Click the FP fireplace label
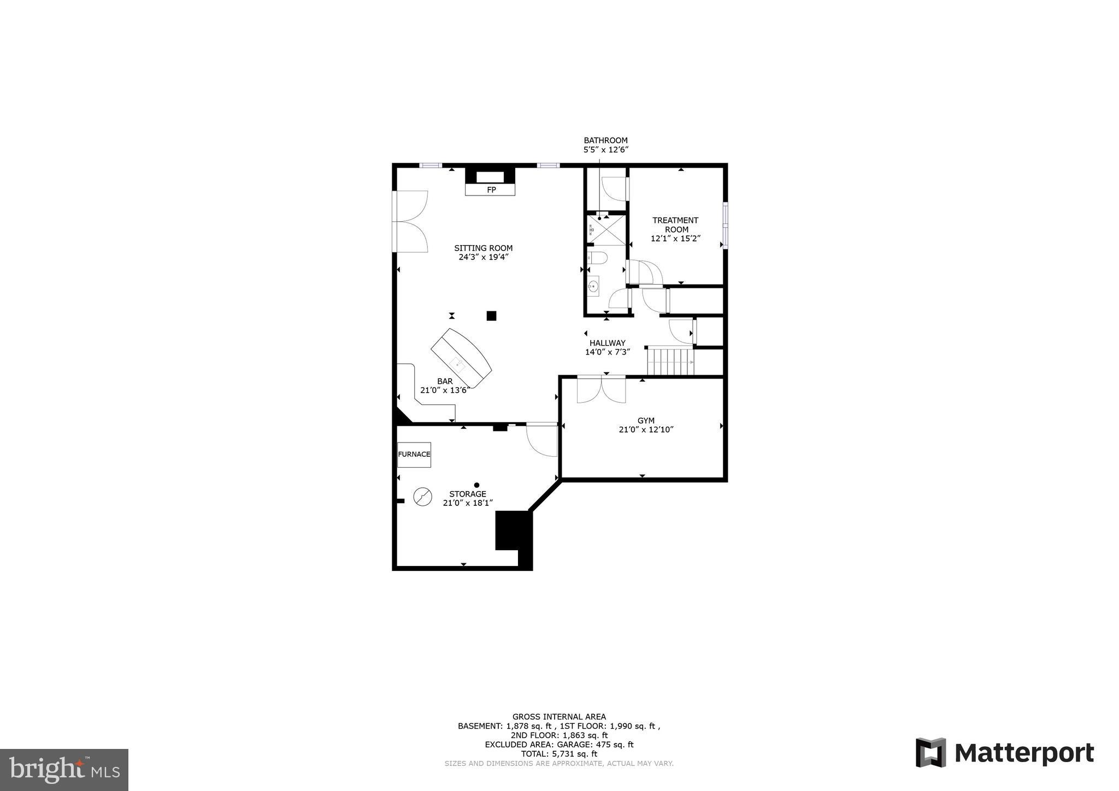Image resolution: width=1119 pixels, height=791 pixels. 491,190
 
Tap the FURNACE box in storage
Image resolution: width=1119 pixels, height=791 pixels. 414,454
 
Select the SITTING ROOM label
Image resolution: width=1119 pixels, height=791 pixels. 484,248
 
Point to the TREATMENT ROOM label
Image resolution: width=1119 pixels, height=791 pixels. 675,225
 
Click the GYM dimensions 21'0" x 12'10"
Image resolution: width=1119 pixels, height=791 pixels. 646,430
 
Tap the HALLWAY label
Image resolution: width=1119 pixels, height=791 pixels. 608,343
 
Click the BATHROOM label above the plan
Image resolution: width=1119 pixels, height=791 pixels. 605,140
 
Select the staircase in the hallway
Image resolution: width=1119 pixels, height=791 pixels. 670,362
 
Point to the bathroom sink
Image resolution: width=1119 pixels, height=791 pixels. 593,286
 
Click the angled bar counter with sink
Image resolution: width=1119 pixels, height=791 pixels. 461,358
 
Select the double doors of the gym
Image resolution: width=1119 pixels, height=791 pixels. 601,389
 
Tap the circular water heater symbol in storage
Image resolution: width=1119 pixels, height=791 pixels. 422,497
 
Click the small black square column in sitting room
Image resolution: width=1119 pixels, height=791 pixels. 491,315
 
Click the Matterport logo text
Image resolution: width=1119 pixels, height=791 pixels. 1024,753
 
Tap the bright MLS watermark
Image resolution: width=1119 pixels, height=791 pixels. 64,770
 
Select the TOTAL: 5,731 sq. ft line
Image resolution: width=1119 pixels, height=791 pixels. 559,754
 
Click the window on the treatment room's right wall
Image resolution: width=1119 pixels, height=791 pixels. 725,225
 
